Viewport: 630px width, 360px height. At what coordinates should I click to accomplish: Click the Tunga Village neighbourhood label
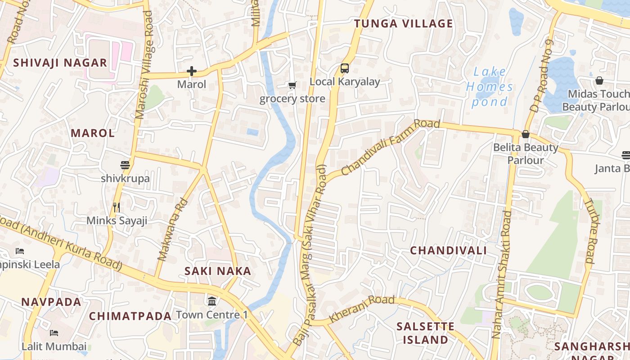tap(403, 24)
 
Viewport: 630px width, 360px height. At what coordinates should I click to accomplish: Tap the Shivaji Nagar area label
tap(60, 63)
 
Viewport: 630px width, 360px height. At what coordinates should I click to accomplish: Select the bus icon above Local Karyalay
tap(345, 68)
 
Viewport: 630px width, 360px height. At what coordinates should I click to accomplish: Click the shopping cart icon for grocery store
tap(292, 85)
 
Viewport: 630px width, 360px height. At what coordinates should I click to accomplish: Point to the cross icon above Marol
tap(192, 71)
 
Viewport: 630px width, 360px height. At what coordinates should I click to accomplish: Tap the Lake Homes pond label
tap(490, 87)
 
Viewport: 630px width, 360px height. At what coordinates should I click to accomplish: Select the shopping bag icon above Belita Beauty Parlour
tap(525, 134)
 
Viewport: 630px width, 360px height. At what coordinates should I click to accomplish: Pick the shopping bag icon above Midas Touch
tap(599, 81)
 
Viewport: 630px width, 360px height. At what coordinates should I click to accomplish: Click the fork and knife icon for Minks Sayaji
tap(117, 207)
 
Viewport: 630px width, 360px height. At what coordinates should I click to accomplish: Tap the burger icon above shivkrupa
tap(125, 165)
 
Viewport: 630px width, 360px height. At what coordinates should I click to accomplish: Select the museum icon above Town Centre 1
tap(211, 301)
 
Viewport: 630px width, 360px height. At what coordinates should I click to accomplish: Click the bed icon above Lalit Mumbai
tap(54, 333)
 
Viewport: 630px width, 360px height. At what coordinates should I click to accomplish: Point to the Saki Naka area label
tap(218, 271)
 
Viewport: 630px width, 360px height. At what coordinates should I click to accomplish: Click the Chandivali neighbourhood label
tap(448, 251)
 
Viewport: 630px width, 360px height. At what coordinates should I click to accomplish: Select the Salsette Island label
tap(425, 333)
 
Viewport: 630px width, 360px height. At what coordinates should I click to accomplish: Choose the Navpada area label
tap(51, 302)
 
